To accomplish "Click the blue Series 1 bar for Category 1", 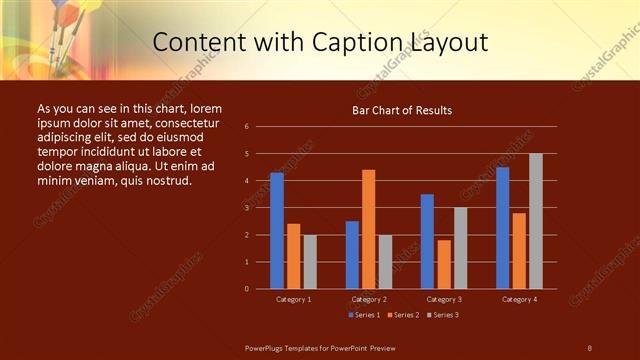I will click(x=277, y=231).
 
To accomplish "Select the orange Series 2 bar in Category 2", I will click(x=368, y=229).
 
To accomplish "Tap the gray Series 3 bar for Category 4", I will click(x=536, y=221).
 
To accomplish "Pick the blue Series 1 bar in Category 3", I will click(x=427, y=241).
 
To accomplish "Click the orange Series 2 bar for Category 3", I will click(x=444, y=264).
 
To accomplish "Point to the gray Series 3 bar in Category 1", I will click(x=310, y=262).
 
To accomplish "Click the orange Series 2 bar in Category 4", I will click(x=519, y=251).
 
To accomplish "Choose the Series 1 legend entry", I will click(x=365, y=315).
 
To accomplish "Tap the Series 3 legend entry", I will click(x=443, y=315).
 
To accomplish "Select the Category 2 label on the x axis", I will click(x=369, y=299).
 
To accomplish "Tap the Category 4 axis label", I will click(x=519, y=299).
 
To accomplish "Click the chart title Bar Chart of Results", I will click(x=402, y=110).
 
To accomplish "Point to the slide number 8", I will click(x=589, y=347).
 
